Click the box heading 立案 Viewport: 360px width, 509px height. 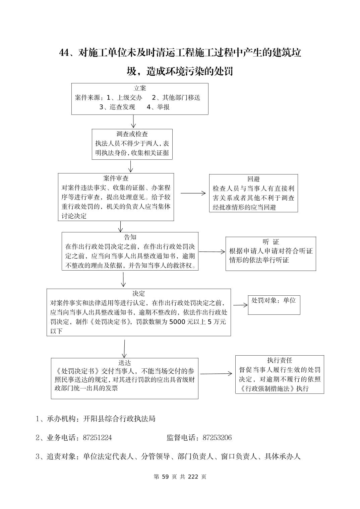pyautogui.click(x=140, y=88)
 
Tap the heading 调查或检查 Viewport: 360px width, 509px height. pyautogui.click(x=132, y=134)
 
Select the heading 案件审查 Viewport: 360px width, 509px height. pyautogui.click(x=116, y=178)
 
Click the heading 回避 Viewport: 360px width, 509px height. pyautogui.click(x=253, y=179)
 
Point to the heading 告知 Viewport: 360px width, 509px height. pyautogui.click(x=130, y=237)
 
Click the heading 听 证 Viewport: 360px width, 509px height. pyautogui.click(x=271, y=242)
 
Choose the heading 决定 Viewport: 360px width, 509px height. pyautogui.click(x=138, y=293)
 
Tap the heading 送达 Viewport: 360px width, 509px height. pyautogui.click(x=124, y=363)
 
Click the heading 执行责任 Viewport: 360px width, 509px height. pyautogui.click(x=280, y=360)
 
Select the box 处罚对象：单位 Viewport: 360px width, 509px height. pyautogui.click(x=274, y=300)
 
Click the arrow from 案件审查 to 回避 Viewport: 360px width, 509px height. pyautogui.click(x=193, y=193)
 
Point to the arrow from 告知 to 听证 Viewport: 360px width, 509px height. pyautogui.click(x=212, y=252)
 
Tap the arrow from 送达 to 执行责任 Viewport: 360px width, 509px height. pyautogui.click(x=216, y=374)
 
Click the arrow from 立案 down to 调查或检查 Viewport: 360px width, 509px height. pyautogui.click(x=133, y=122)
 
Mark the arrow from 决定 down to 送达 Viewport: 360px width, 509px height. pyautogui.click(x=124, y=349)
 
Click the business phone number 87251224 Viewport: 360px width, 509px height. pyautogui.click(x=97, y=438)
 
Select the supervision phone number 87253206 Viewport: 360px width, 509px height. pyautogui.click(x=217, y=438)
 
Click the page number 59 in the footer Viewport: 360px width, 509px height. pyautogui.click(x=165, y=477)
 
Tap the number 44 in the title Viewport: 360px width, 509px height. pyautogui.click(x=64, y=53)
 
